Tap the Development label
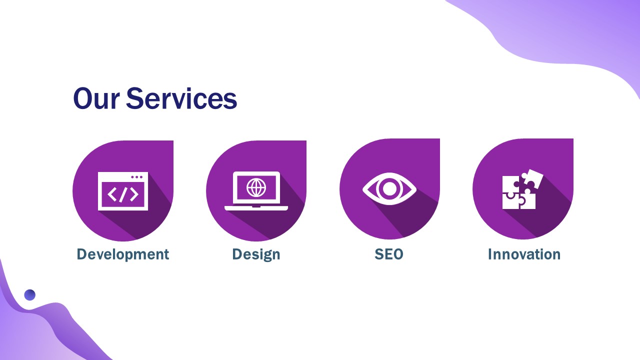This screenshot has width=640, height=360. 122,254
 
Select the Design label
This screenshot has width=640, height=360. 256,254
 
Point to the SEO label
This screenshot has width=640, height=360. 388,254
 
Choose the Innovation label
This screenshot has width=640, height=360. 524,254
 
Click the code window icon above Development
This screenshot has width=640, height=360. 123,191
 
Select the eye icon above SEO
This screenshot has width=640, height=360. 389,189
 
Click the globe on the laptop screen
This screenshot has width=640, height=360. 256,187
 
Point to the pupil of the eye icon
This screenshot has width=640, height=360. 389,189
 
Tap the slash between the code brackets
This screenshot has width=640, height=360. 123,194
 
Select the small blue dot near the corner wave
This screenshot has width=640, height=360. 30,295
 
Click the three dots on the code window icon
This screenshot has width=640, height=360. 136,177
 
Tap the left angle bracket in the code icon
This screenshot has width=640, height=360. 112,194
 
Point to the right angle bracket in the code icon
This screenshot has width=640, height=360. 134,194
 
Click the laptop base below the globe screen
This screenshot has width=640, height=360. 256,207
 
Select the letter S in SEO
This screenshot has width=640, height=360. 379,254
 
